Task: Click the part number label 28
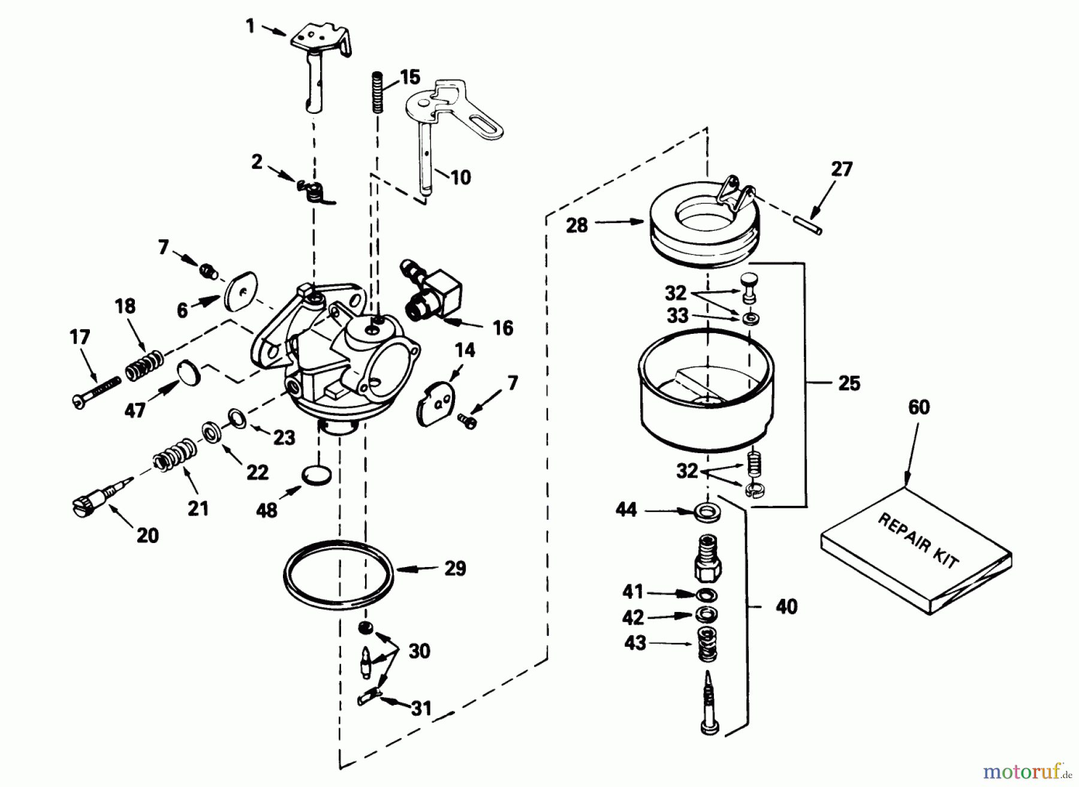577,226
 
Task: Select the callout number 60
918,408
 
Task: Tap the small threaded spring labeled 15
378,92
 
